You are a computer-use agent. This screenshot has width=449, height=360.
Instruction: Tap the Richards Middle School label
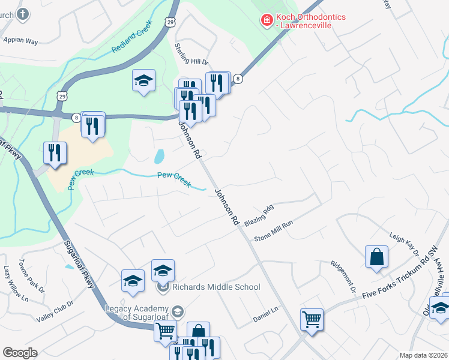pos(215,287)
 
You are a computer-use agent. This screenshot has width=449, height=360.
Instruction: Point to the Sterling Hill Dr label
pos(191,53)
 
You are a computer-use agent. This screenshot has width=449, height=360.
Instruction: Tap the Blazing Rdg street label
pos(259,212)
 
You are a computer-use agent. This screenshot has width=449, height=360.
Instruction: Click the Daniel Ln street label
pos(266,313)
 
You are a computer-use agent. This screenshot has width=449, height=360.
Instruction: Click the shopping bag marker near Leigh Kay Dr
pos(376,256)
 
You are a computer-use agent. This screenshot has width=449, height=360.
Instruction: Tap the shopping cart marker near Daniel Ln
pos(312,319)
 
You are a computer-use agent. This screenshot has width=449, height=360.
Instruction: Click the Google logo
pos(20,353)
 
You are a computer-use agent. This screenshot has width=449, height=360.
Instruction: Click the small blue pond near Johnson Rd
pos(159,157)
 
